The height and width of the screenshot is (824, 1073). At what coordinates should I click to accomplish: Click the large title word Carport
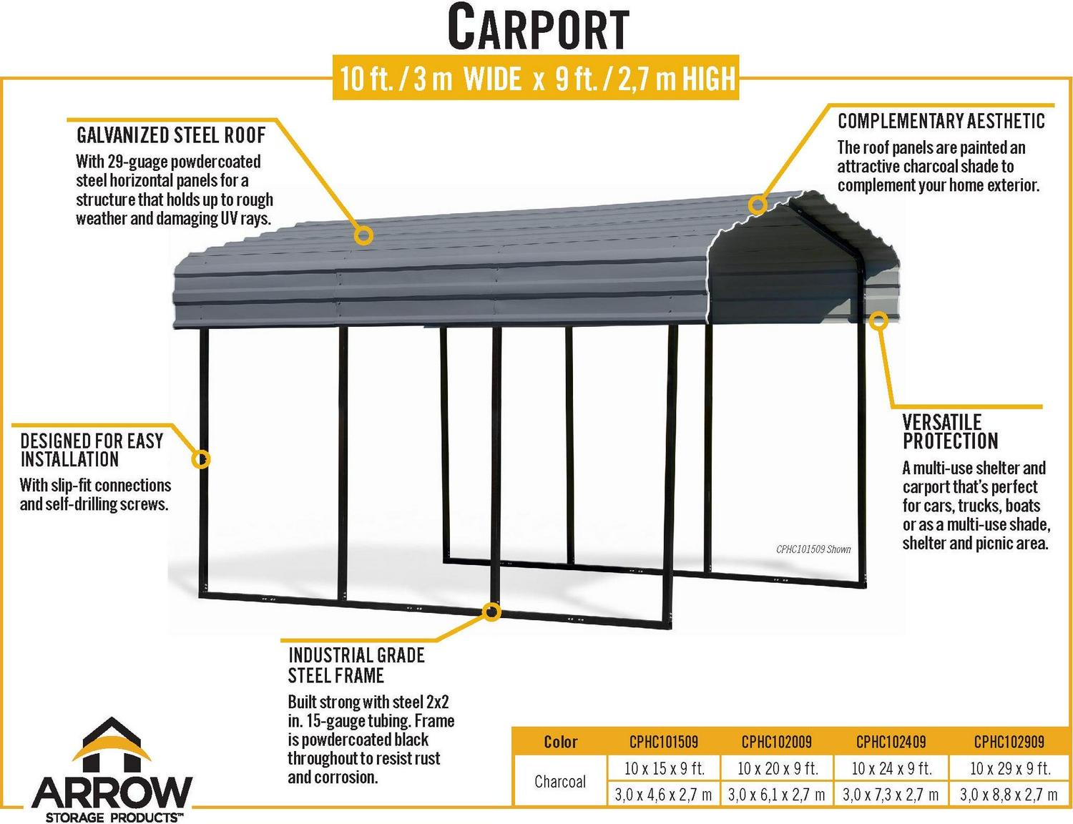point(538,28)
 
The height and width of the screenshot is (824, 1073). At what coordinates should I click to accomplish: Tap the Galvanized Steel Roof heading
point(171,135)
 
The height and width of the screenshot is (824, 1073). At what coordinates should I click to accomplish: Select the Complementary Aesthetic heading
point(941,121)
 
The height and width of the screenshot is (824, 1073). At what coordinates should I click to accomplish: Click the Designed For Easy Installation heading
point(92,450)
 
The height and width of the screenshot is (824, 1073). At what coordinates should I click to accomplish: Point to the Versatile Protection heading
point(950,431)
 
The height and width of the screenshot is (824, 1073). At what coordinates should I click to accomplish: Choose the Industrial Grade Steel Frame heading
point(356,665)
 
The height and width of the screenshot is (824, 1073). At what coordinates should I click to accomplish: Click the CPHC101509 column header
point(664,742)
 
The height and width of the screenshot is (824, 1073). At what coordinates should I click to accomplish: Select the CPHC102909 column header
point(1009,742)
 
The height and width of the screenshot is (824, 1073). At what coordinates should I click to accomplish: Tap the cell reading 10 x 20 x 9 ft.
point(778,768)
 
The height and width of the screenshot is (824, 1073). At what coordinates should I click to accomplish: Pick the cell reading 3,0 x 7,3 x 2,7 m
point(891,795)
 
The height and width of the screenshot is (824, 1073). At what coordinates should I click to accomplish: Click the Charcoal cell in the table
point(560,782)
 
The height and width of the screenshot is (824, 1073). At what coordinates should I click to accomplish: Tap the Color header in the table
point(560,742)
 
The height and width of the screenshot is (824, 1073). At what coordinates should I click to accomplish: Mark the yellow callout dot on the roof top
point(363,236)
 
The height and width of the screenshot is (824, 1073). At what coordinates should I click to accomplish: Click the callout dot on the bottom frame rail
point(491,612)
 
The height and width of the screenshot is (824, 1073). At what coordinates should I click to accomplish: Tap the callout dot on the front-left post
point(201,459)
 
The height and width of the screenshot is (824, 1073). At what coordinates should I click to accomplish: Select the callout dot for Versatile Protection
point(878,320)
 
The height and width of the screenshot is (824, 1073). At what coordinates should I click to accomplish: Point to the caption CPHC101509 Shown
point(813,549)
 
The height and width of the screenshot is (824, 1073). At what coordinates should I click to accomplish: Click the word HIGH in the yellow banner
point(708,78)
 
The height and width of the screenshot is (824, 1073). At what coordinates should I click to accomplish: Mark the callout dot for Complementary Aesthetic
point(758,205)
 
